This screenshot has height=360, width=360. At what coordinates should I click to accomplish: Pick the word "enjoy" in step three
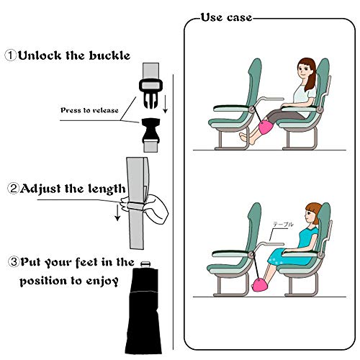[101, 280]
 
